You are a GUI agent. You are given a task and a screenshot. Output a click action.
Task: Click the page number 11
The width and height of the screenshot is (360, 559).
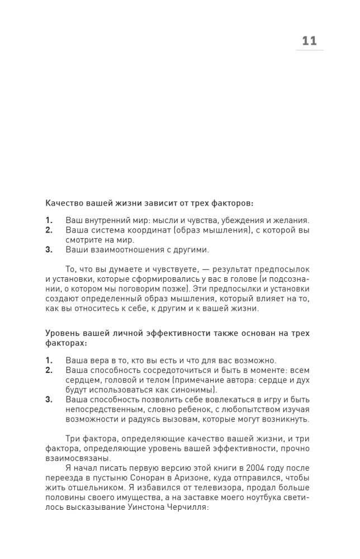point(309,41)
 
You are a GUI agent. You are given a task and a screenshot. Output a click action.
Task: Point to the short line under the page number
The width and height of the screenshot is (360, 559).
point(309,51)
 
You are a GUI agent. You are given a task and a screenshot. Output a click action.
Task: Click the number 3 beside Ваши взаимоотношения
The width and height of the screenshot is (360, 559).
point(49,249)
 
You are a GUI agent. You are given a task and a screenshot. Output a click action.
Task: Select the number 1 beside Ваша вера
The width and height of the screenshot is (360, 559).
point(49,360)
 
